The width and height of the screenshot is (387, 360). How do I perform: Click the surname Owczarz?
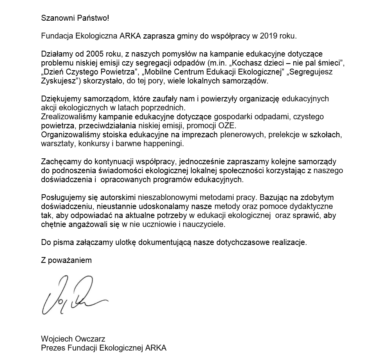point(91,339)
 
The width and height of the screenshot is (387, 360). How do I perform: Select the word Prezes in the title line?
point(52,348)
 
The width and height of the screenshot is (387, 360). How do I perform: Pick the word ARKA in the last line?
point(156,348)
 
